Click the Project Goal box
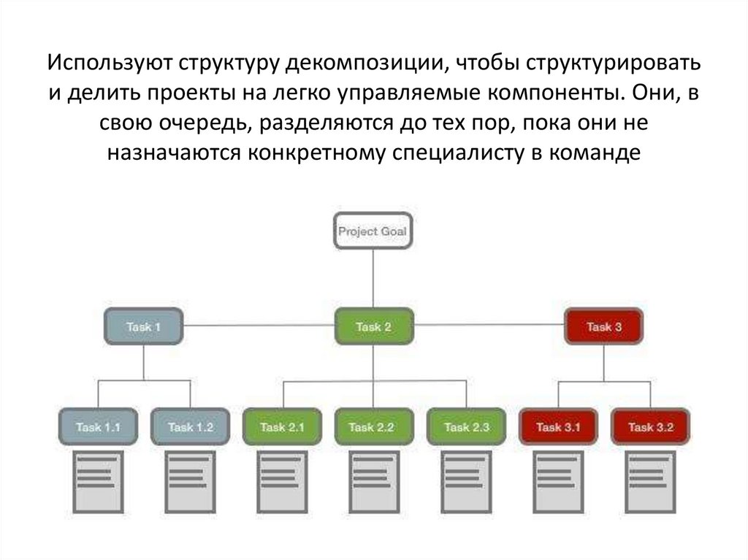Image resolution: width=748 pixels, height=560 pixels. tap(373, 232)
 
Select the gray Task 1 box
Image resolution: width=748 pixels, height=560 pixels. tap(143, 327)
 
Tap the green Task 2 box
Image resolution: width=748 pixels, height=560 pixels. tap(373, 327)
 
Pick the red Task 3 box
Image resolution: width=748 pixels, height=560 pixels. tap(603, 327)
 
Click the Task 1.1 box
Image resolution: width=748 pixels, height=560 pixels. tap(98, 427)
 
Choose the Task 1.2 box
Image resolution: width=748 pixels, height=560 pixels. tap(190, 427)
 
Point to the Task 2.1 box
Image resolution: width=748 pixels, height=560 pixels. tap(282, 427)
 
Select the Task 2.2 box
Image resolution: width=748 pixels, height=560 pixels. tap(374, 427)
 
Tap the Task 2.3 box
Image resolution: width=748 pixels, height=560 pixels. tap(466, 427)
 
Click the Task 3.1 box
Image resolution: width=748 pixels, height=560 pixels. tap(558, 427)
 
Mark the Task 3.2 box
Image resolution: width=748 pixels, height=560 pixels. tap(650, 427)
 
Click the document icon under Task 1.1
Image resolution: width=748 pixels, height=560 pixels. tap(97, 481)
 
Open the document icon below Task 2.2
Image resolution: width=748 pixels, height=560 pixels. tap(373, 481)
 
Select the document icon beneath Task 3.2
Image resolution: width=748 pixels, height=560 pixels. tap(649, 481)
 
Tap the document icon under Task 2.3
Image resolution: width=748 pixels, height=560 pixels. tap(465, 481)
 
